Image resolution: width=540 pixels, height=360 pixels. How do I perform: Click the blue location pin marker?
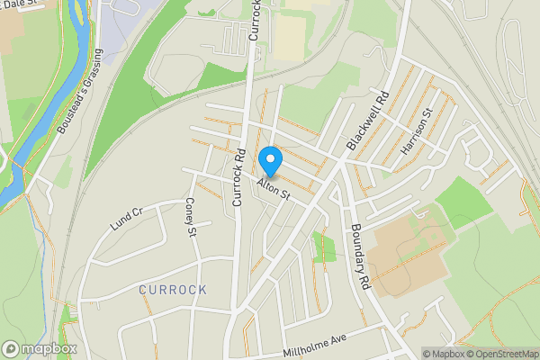pyautogui.click(x=270, y=161)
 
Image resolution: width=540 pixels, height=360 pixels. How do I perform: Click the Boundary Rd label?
pyautogui.click(x=362, y=256)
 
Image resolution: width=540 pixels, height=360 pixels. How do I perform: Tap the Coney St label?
pyautogui.click(x=191, y=218)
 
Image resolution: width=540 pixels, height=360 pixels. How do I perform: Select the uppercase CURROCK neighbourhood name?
pyautogui.click(x=173, y=290)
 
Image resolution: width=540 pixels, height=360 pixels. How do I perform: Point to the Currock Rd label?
pyautogui.click(x=239, y=177)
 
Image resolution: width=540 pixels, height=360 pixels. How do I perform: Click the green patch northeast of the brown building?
pyautogui.click(x=466, y=200)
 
